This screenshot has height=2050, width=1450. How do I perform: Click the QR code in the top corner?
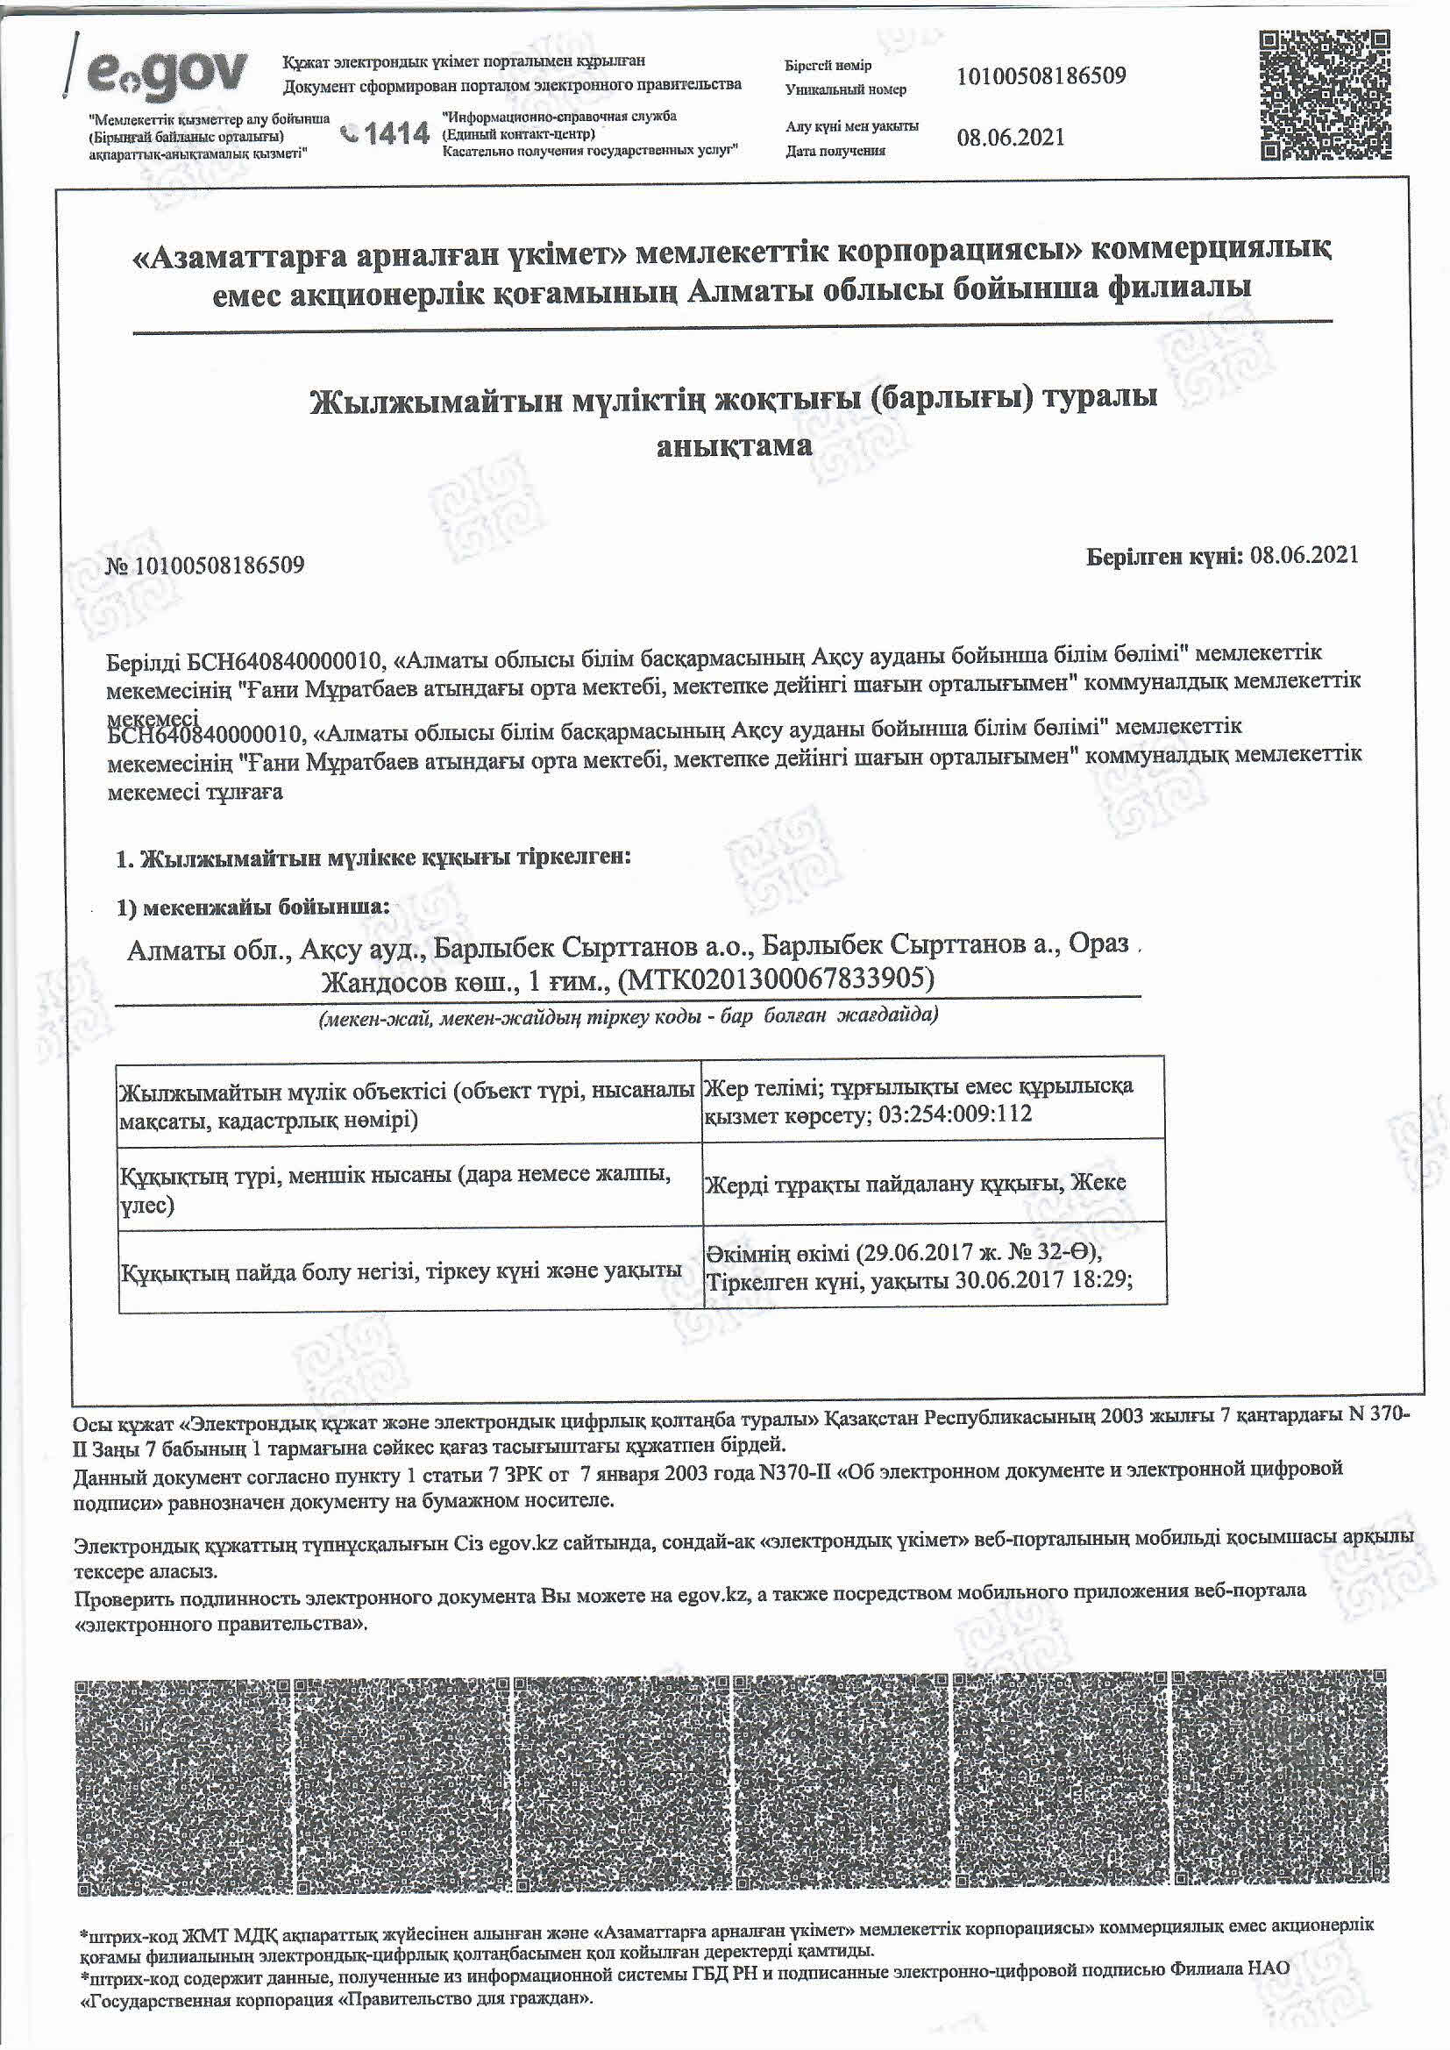click(1325, 95)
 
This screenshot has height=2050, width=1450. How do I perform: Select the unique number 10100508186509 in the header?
click(1041, 76)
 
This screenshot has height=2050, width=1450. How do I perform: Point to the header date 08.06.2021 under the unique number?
click(1010, 138)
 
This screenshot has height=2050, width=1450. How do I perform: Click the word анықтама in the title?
click(734, 445)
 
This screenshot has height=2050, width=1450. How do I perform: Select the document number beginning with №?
click(205, 566)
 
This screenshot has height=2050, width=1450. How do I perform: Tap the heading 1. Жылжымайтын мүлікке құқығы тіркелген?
click(374, 858)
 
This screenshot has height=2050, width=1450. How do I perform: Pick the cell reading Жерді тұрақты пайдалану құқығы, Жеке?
click(915, 1184)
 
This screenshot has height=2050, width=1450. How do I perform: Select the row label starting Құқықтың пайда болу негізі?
click(401, 1271)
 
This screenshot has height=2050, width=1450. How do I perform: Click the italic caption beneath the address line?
click(629, 1016)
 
